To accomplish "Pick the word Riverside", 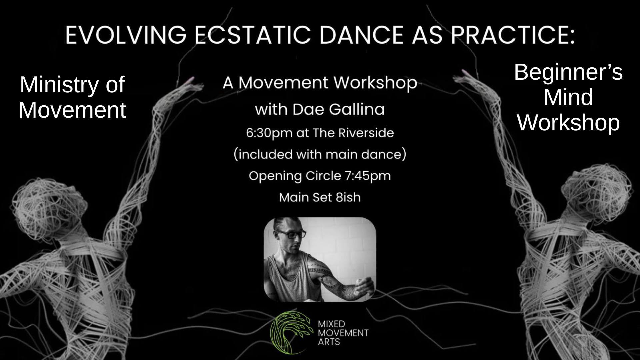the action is (366, 133).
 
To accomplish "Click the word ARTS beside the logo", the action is (329, 342).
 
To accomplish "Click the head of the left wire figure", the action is (40, 203).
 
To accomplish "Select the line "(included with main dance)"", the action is (320, 155).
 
